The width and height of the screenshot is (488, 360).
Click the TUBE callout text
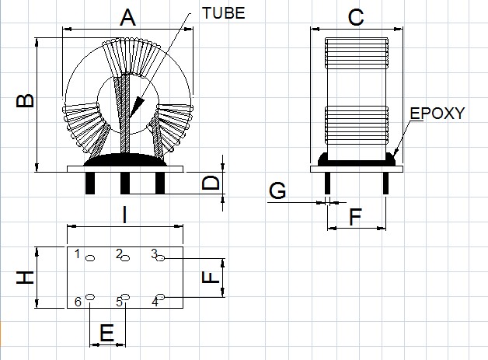pyautogui.click(x=224, y=12)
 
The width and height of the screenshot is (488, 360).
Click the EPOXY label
pyautogui.click(x=437, y=114)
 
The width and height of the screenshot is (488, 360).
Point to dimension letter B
pyautogui.click(x=25, y=102)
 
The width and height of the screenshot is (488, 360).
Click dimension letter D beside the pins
pyautogui.click(x=210, y=184)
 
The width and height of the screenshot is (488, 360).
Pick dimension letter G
pyautogui.click(x=277, y=190)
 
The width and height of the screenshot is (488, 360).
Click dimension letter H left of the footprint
pyautogui.click(x=26, y=278)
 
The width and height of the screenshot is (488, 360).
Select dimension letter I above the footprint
pyautogui.click(x=125, y=215)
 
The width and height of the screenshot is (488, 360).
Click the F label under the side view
pyautogui.click(x=355, y=217)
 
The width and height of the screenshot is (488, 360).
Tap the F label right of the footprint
pyautogui.click(x=207, y=277)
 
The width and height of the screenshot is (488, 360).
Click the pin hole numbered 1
pyautogui.click(x=90, y=258)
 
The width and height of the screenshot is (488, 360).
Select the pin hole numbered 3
pyautogui.click(x=161, y=258)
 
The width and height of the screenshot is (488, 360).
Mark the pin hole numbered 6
pyautogui.click(x=90, y=297)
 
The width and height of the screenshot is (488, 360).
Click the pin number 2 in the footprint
pyautogui.click(x=119, y=253)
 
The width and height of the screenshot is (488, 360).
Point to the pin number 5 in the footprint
pyautogui.click(x=120, y=302)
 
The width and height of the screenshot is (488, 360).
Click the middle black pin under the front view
pyautogui.click(x=125, y=183)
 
